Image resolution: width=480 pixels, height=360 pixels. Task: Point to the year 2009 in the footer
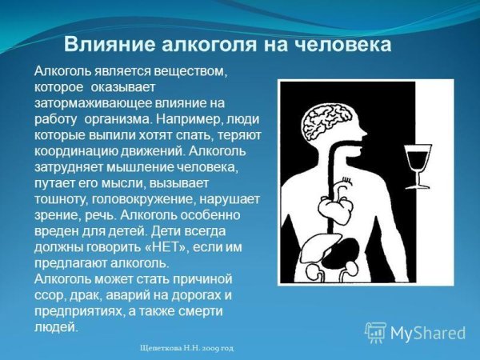point(210,350)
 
